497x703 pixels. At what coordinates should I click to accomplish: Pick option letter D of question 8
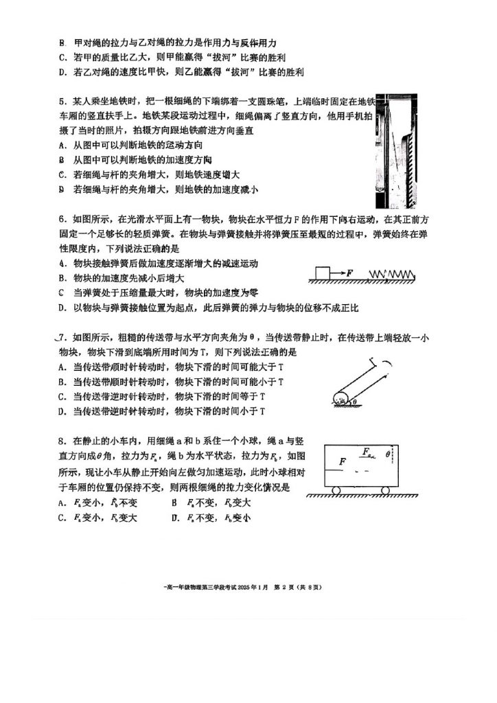click(x=176, y=518)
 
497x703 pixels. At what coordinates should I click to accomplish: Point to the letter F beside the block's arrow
click(x=349, y=273)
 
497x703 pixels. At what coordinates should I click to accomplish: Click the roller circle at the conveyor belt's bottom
click(x=340, y=399)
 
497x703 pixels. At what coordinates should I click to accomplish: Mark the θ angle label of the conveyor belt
click(x=355, y=402)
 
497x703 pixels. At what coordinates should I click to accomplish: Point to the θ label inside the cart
click(x=388, y=454)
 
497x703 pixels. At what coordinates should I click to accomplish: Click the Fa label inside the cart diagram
click(x=367, y=451)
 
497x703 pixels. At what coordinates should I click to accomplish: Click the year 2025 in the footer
click(x=246, y=588)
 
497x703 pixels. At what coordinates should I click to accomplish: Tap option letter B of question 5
click(x=61, y=159)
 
